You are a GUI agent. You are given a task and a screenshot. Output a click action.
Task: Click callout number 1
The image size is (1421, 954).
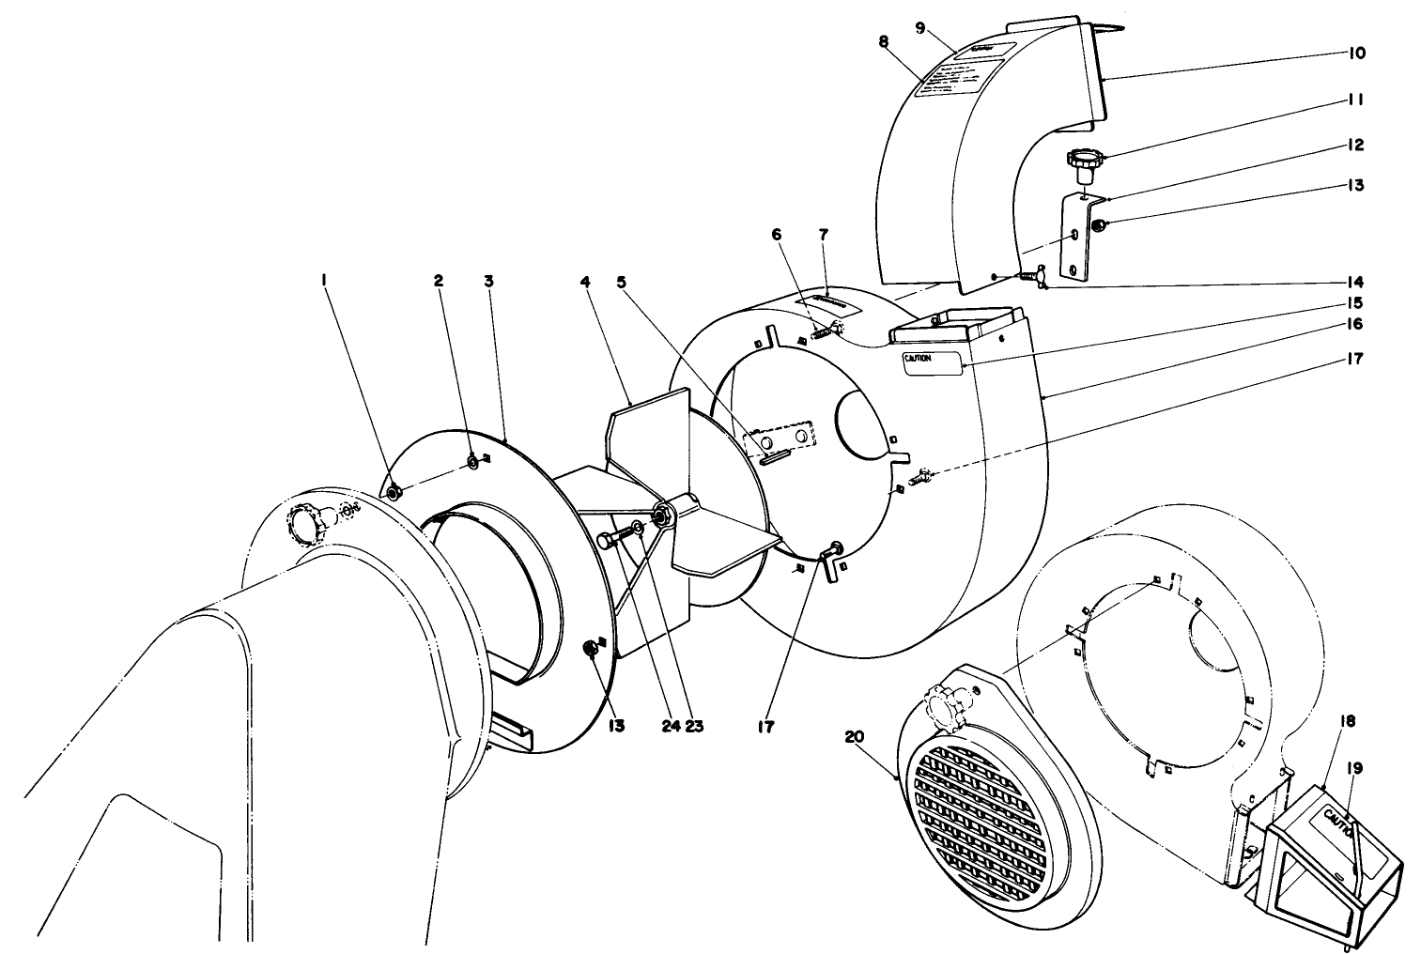(324, 279)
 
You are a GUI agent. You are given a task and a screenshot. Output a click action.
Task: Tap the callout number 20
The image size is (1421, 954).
(854, 737)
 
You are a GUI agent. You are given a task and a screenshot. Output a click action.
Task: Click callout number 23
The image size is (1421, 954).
(695, 726)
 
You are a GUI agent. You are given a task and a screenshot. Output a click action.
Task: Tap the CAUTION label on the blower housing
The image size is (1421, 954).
(934, 363)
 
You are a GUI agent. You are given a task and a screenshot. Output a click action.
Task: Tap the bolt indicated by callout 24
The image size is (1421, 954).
(612, 540)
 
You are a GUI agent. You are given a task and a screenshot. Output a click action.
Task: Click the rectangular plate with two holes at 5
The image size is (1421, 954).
(780, 438)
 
